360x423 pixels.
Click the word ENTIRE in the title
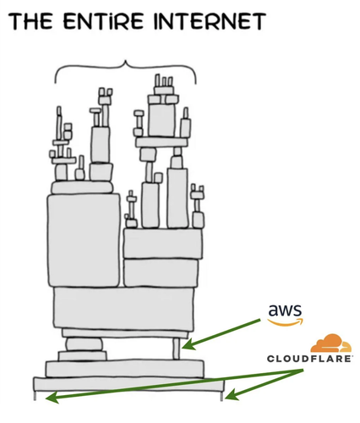pyautogui.click(x=103, y=21)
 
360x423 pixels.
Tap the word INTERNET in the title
pyautogui.click(x=210, y=21)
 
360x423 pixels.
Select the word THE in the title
pyautogui.click(x=30, y=21)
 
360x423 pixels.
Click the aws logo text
pyautogui.click(x=285, y=310)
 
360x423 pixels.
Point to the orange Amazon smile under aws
pyautogui.click(x=285, y=322)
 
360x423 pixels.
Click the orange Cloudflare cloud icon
pyautogui.click(x=330, y=343)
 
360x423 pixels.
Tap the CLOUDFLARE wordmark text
pyautogui.click(x=309, y=359)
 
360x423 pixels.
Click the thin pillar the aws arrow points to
pyautogui.click(x=177, y=349)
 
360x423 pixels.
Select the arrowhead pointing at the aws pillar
pyautogui.click(x=188, y=344)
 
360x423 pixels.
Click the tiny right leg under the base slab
pyautogui.click(x=221, y=396)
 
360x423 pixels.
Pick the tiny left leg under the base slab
pyautogui.click(x=35, y=396)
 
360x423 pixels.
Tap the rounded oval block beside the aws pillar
pyautogui.click(x=84, y=344)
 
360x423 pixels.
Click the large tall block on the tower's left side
pyautogui.click(x=84, y=240)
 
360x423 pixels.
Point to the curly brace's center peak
pyautogui.click(x=125, y=61)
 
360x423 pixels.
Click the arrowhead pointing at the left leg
pyautogui.click(x=52, y=398)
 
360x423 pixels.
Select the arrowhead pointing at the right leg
pyautogui.click(x=232, y=394)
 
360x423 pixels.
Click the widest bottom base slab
pyautogui.click(x=129, y=384)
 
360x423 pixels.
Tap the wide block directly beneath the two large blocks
pyautogui.click(x=124, y=309)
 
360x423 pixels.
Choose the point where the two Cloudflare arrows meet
pyautogui.click(x=303, y=370)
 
